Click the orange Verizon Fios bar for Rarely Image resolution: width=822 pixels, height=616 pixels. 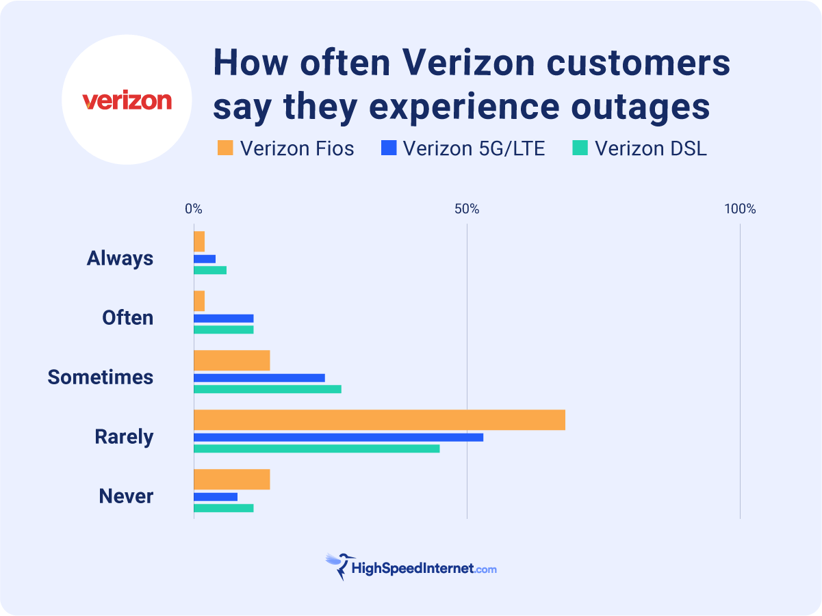[379, 420]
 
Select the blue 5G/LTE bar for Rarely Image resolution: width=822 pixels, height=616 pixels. [338, 437]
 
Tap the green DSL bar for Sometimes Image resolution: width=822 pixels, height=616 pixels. [267, 389]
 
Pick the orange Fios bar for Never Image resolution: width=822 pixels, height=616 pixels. [231, 479]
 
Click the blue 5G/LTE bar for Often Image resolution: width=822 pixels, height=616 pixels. [223, 319]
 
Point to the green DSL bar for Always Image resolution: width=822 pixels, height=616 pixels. [209, 270]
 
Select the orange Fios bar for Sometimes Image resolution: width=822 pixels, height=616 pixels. [231, 360]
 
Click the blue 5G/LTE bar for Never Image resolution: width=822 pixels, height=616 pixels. [215, 496]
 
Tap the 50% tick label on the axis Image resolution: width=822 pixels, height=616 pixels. [466, 209]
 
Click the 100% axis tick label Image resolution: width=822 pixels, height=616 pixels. [740, 209]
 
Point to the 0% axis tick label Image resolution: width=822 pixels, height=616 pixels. [194, 209]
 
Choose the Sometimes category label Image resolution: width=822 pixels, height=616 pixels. [101, 377]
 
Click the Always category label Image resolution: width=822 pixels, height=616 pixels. [120, 258]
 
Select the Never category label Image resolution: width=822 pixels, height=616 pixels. [126, 496]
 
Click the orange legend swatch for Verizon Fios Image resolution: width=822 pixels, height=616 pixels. [225, 148]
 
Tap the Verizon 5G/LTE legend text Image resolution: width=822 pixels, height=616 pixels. [474, 148]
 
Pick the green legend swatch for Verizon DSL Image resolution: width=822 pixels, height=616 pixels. [580, 148]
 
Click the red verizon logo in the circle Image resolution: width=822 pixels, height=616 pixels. [127, 101]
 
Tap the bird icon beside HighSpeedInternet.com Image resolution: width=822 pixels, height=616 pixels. [337, 566]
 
